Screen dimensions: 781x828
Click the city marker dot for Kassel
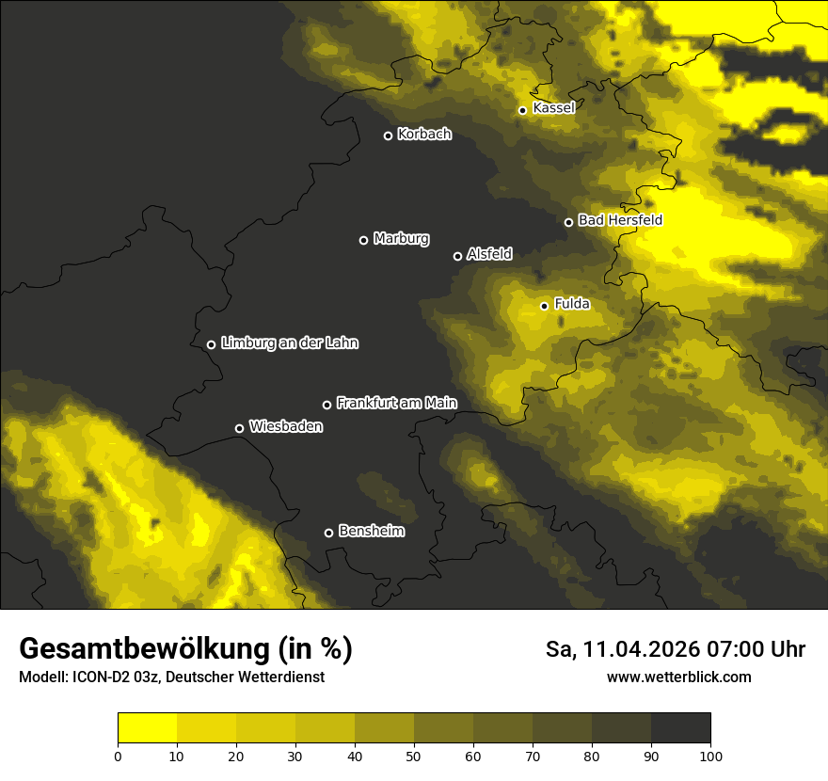coord(523,110)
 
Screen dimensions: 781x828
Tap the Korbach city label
coord(424,135)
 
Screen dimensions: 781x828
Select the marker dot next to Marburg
coord(364,240)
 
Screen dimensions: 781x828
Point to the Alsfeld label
coord(489,254)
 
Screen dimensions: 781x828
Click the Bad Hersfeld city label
coord(620,220)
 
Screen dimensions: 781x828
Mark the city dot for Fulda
coord(545,306)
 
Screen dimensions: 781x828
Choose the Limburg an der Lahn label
coord(290,343)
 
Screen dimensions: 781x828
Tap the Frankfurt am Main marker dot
coord(327,405)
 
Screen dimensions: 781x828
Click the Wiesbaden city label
coord(286,427)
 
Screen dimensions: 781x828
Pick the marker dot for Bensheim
coord(329,533)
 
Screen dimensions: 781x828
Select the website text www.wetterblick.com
coord(679,677)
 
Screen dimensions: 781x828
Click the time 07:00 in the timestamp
coord(740,649)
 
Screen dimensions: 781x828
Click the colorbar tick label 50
coord(414,756)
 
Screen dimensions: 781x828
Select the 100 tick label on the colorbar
coord(710,756)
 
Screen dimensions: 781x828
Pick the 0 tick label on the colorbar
coord(118,756)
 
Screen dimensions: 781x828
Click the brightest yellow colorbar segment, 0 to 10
coord(148,728)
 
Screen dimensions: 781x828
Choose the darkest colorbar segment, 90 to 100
coord(680,728)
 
